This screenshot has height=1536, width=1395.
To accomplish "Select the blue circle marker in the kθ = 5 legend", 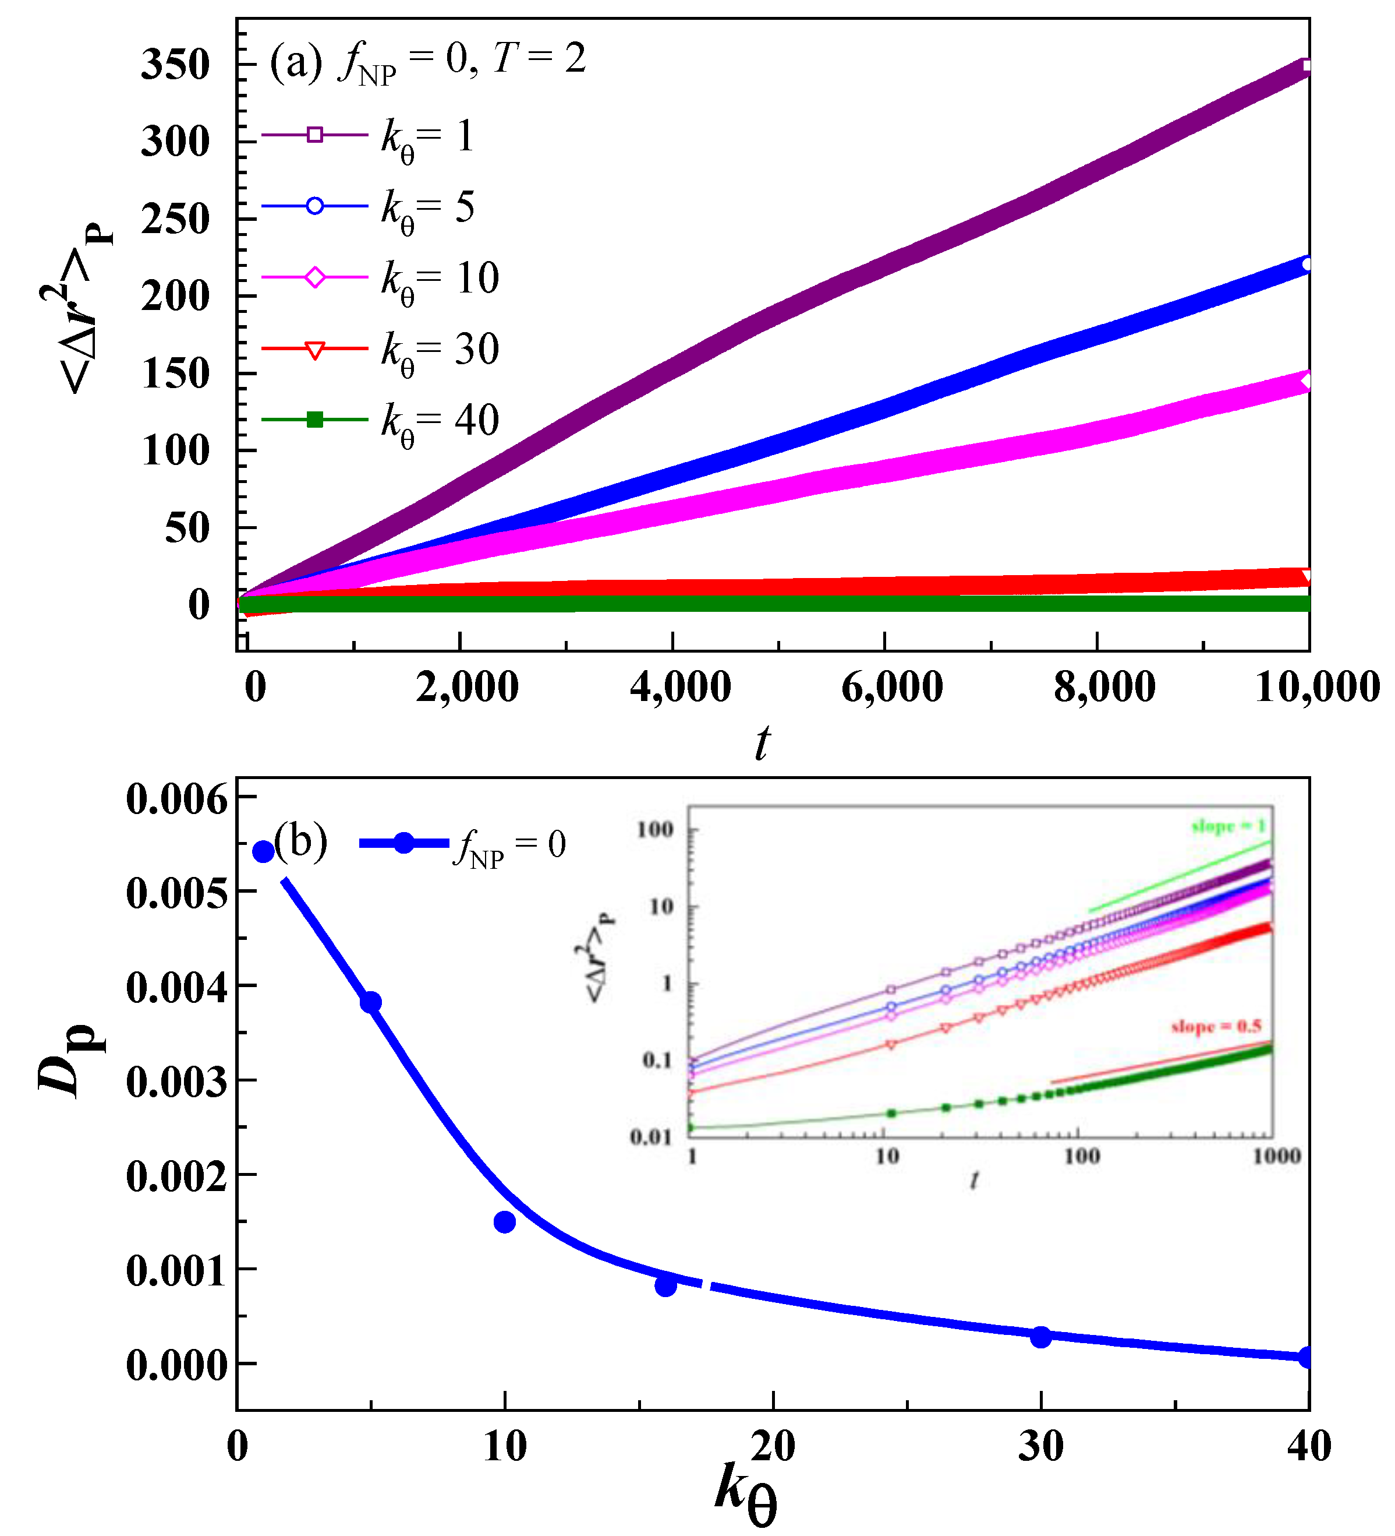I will click(x=314, y=206).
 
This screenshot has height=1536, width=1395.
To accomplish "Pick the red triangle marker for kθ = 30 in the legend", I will click(x=314, y=350).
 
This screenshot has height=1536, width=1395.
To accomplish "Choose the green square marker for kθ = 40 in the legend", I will click(x=314, y=419).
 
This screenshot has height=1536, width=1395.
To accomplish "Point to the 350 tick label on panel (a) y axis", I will click(x=175, y=65).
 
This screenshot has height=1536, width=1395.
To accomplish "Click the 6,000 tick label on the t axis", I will click(x=892, y=687).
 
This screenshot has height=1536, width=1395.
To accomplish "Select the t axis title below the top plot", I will click(x=762, y=743).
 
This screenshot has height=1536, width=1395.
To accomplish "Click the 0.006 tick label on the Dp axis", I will click(x=176, y=800).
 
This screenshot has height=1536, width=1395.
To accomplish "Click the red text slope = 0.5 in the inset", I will click(x=1216, y=1026).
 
